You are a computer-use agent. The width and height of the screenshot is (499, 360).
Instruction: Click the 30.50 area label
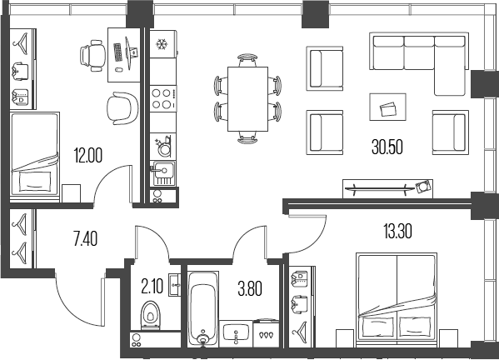coord(387,147)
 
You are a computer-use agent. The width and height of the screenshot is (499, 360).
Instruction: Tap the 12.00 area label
coord(88,156)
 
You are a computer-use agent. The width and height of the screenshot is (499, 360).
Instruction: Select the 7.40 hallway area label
coord(85,238)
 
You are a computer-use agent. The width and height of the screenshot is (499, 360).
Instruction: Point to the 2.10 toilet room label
coord(152,286)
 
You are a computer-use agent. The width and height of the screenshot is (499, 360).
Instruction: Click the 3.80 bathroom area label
coord(250,288)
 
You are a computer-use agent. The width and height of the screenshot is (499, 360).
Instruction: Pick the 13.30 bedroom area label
coord(398,231)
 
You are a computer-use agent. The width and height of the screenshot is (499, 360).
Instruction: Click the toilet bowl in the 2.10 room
coord(151,315)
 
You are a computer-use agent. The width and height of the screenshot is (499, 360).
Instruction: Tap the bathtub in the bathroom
coord(202,309)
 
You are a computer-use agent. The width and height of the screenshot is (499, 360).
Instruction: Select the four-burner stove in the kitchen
coord(163,98)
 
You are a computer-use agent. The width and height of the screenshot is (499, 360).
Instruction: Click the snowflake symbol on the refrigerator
coord(162,44)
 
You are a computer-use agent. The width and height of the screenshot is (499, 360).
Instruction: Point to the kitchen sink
coord(163,173)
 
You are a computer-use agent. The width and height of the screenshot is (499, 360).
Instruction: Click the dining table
coord(247,99)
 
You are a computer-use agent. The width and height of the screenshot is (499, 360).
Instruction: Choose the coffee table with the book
coord(387,107)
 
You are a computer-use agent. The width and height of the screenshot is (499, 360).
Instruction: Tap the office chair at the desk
coord(93,56)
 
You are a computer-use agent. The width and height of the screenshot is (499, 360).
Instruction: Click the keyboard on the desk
coord(118,52)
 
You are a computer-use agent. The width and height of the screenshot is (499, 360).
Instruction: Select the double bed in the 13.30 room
coord(397,297)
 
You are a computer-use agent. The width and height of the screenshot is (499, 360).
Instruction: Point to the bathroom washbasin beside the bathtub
coord(236,333)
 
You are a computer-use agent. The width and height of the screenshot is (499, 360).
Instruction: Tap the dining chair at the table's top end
coord(247,60)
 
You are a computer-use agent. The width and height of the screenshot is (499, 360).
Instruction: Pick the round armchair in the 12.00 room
coord(122,108)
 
